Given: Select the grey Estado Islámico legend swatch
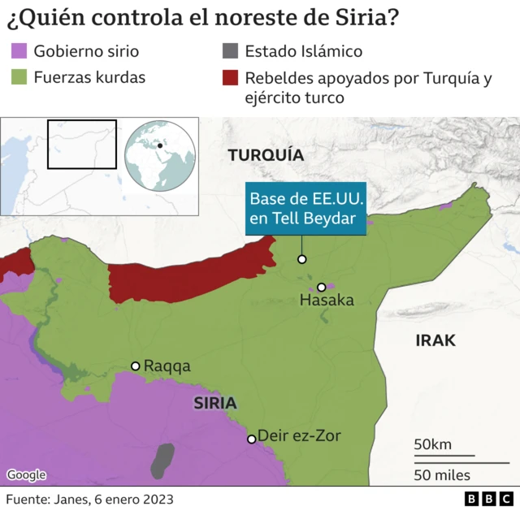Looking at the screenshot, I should click(230, 51).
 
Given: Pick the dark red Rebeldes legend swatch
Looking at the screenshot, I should click(230, 78).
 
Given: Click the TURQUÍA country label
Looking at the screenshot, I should click(265, 155).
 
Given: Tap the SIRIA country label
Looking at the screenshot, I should click(214, 403).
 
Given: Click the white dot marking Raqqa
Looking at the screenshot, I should click(136, 366).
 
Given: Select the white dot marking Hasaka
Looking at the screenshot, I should click(322, 287).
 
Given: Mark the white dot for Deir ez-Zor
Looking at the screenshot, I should click(252, 439).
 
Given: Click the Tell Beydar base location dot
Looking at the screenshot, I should click(301, 259).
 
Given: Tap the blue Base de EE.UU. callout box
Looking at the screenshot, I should click(306, 209).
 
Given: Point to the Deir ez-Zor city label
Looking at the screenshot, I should click(299, 436).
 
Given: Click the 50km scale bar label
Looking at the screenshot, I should click(432, 444).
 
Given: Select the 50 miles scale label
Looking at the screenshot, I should click(441, 474).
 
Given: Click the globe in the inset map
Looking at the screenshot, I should click(160, 155).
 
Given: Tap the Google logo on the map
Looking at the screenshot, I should click(26, 475).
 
